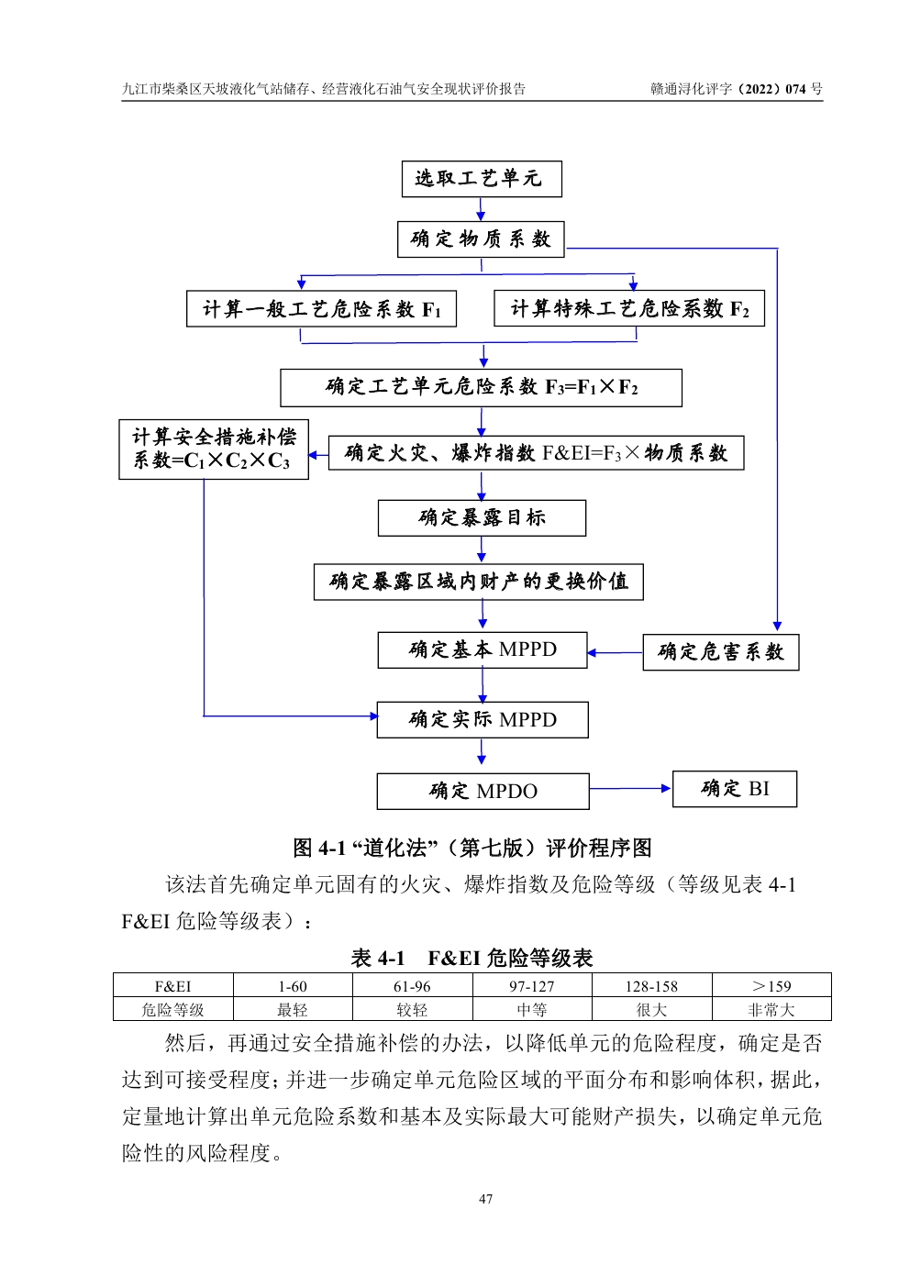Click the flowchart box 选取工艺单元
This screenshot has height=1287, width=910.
[x=481, y=179]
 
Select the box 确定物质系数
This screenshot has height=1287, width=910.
[x=481, y=239]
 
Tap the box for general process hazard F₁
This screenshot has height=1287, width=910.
[x=321, y=309]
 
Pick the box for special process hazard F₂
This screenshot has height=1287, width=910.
[x=628, y=308]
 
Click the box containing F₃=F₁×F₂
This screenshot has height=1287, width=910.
[x=481, y=387]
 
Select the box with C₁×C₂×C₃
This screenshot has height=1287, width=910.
[x=213, y=449]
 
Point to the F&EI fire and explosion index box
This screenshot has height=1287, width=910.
[x=536, y=453]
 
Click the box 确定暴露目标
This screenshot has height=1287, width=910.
[x=482, y=518]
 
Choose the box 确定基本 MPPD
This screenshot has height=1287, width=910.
[x=483, y=650]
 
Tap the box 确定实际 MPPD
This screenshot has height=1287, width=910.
[x=483, y=720]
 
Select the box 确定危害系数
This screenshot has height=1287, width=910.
[x=720, y=652]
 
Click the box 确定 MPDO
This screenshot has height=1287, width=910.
[x=483, y=791]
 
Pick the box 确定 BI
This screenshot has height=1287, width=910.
[x=734, y=789]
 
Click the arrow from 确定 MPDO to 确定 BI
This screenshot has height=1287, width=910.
[x=630, y=788]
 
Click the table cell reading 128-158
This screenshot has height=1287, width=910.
[x=651, y=986]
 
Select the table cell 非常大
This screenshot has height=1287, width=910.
[x=771, y=1010]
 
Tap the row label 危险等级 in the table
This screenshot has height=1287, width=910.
[x=172, y=1010]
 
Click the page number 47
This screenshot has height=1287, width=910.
[x=485, y=1199]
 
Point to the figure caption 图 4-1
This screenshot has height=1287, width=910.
[x=472, y=848]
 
